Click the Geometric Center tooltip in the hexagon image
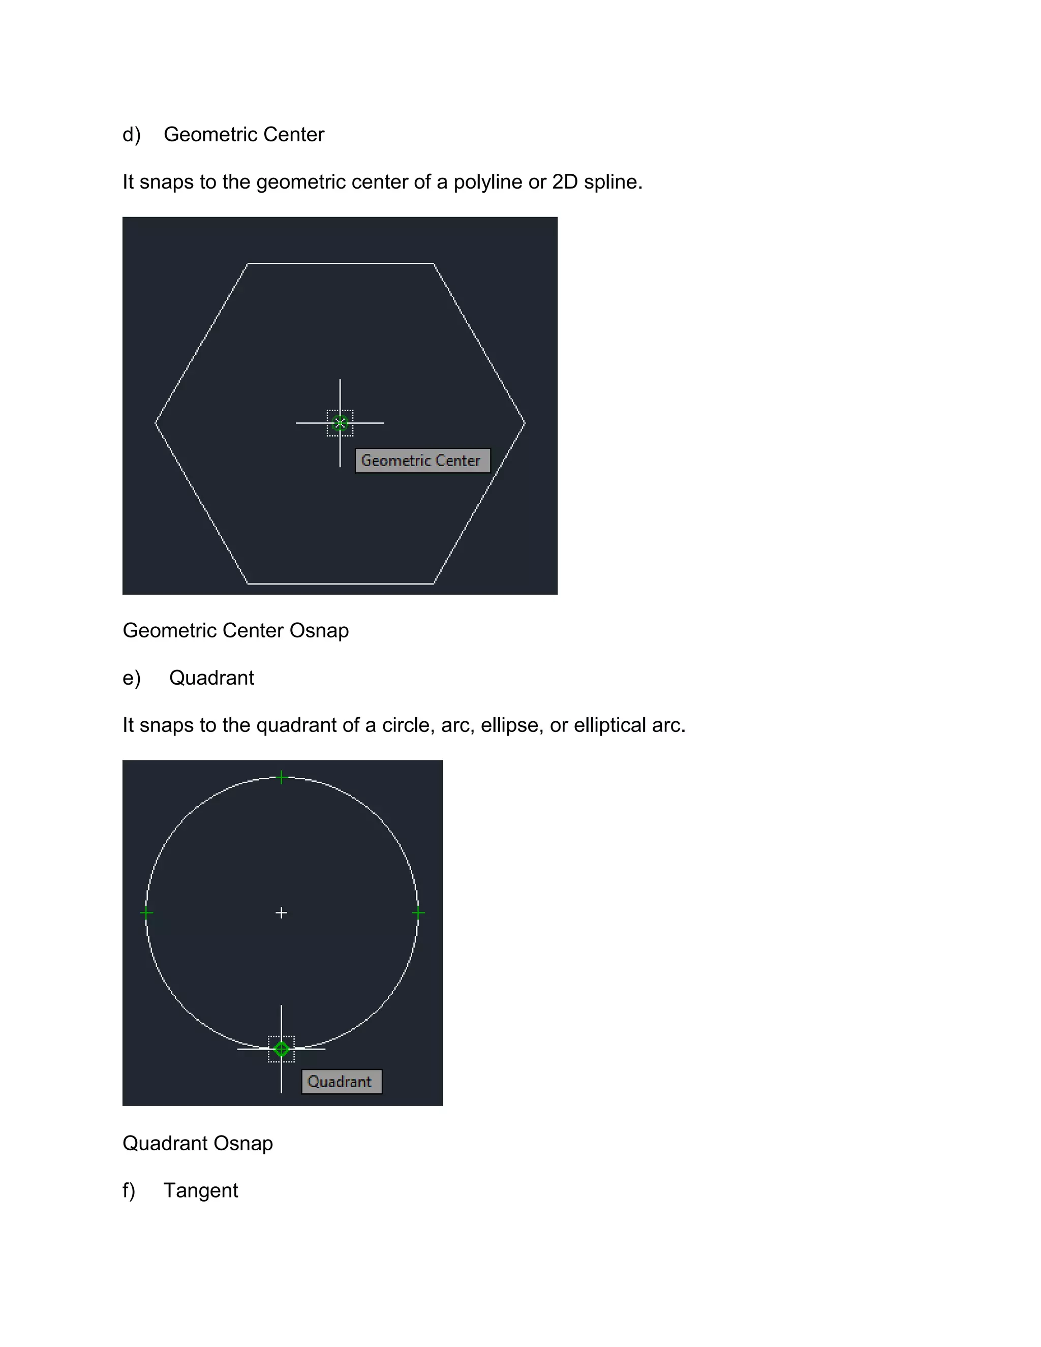pyautogui.click(x=422, y=461)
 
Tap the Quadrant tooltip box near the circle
pyautogui.click(x=341, y=1081)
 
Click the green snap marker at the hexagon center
pyautogui.click(x=340, y=423)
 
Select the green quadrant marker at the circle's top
pyautogui.click(x=282, y=777)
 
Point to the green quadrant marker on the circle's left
pyautogui.click(x=147, y=913)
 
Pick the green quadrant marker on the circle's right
pyautogui.click(x=418, y=913)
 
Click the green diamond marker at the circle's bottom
pyautogui.click(x=282, y=1049)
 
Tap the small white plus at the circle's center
pyautogui.click(x=281, y=912)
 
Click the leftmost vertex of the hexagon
pyautogui.click(x=156, y=423)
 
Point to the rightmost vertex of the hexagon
pyautogui.click(x=524, y=423)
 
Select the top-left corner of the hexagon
pyautogui.click(x=248, y=264)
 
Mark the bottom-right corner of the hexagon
pyautogui.click(x=434, y=583)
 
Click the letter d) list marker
pyautogui.click(x=131, y=135)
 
